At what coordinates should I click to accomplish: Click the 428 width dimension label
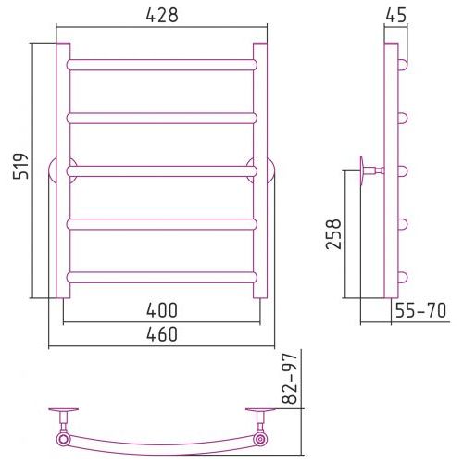(162, 15)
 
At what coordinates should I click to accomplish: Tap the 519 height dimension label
(20, 166)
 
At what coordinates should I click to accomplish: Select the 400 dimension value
(162, 310)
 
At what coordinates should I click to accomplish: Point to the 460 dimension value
(162, 334)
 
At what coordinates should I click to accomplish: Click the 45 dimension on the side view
(396, 15)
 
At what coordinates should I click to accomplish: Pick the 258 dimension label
(333, 234)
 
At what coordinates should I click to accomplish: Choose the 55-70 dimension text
(420, 310)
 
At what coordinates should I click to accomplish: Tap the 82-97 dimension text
(290, 380)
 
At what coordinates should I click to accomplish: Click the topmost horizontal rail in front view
(162, 65)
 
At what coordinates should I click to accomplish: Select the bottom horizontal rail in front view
(162, 278)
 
